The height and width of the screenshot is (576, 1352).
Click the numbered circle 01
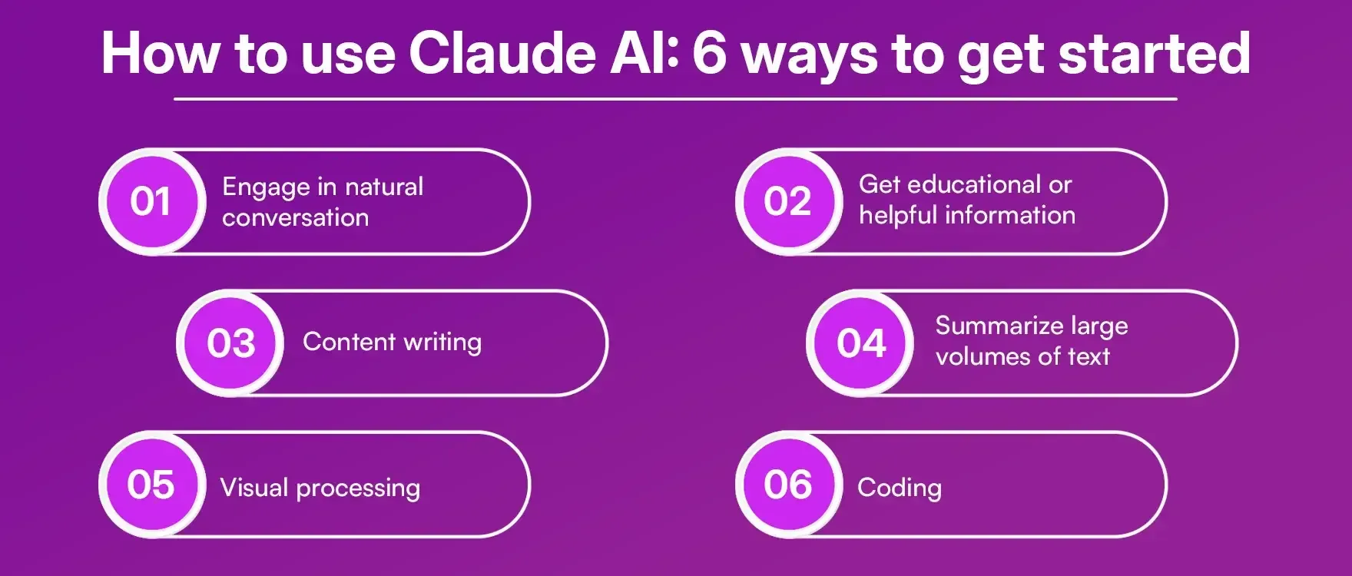coord(151,201)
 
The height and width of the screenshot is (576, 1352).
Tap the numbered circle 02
coord(787,201)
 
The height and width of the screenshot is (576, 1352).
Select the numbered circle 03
coord(230,343)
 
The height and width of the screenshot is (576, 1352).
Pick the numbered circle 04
coord(861,343)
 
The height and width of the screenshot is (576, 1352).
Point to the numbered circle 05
coord(151,485)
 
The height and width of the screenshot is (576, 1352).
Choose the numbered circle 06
coord(787,485)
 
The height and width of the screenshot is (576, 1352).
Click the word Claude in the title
coord(502,54)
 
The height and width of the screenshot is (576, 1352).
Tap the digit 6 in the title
coord(708,54)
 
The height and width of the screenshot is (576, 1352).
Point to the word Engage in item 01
coord(265,187)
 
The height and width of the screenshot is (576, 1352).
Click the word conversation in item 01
coord(295,217)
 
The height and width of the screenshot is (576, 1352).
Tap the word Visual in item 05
coord(254,488)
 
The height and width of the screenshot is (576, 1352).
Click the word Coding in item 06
coord(899,488)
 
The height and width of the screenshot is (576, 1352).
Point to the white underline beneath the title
coord(675,99)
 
